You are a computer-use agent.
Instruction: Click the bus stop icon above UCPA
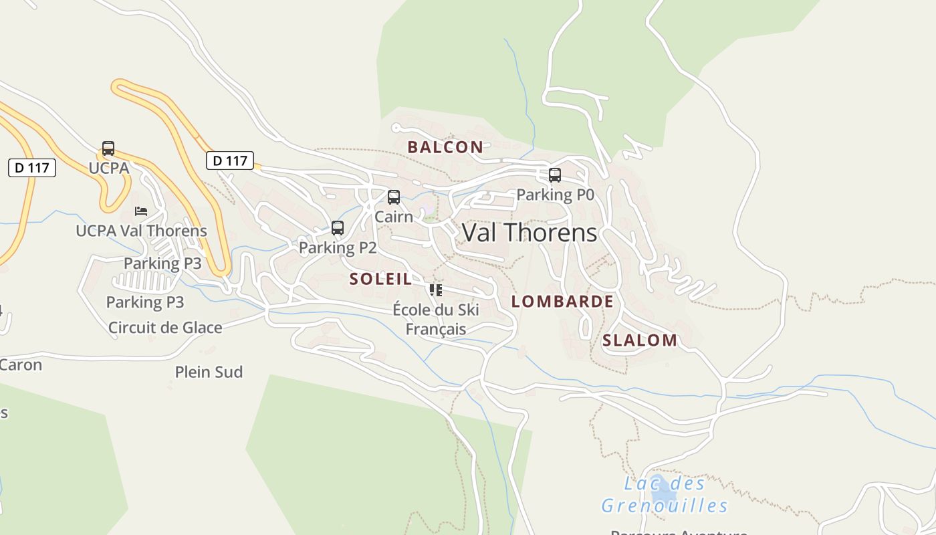click(x=108, y=148)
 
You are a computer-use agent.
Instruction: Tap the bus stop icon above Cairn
click(x=394, y=197)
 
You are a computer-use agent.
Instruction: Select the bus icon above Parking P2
click(x=338, y=228)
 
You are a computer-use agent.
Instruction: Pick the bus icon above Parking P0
click(x=555, y=175)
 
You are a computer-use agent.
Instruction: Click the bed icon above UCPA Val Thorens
click(x=141, y=211)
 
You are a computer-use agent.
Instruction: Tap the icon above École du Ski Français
click(x=436, y=290)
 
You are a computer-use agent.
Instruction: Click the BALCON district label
click(x=445, y=147)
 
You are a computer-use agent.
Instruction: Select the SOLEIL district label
click(x=381, y=279)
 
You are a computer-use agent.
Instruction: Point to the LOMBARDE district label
click(x=562, y=301)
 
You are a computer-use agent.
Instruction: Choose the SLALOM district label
click(x=640, y=340)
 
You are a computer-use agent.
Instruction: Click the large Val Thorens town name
click(x=530, y=233)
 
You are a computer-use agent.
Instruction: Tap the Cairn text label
click(x=394, y=216)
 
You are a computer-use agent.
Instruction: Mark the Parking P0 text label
click(x=555, y=195)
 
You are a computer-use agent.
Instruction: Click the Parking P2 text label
click(x=338, y=247)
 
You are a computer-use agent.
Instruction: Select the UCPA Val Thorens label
click(x=141, y=231)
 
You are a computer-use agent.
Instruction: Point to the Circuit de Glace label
click(x=165, y=327)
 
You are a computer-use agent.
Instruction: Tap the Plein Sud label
click(x=209, y=372)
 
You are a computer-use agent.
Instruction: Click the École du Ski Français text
click(x=436, y=319)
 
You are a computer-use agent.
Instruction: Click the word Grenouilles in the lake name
click(x=665, y=505)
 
